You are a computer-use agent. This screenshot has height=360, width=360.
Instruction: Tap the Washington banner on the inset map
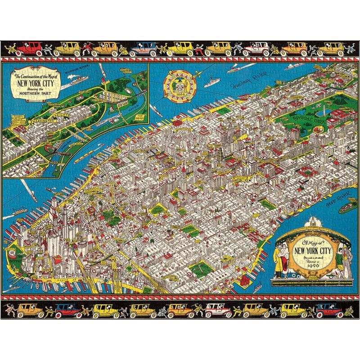tap(43, 121)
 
